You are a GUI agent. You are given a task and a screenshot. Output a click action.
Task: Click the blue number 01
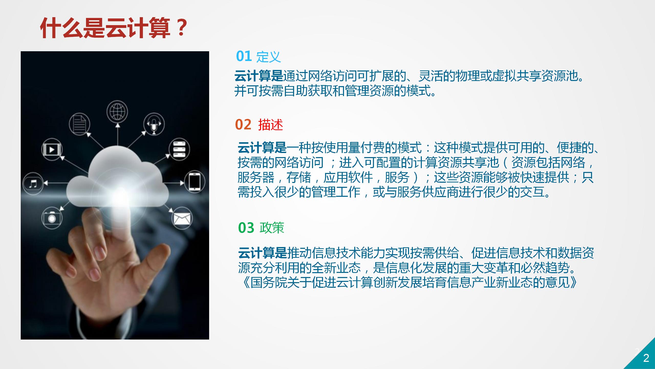click(x=244, y=56)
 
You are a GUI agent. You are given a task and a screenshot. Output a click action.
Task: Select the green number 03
click(x=246, y=228)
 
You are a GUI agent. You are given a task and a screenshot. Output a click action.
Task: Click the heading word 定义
click(x=269, y=57)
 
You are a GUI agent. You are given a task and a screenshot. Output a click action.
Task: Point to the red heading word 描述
click(x=271, y=125)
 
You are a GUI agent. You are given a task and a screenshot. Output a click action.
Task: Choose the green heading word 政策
click(x=272, y=228)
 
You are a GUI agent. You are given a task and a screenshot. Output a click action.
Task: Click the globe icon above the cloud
click(x=117, y=112)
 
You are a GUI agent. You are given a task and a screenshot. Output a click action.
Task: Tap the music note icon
click(x=33, y=183)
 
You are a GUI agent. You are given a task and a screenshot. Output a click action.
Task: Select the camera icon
click(x=52, y=218)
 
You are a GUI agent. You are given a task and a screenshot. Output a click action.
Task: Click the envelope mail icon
click(x=182, y=218)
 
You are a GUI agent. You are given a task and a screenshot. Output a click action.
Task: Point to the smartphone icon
click(x=195, y=181)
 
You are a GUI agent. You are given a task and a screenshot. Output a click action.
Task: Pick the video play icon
click(x=52, y=149)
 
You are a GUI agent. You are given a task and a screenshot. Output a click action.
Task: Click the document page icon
click(x=79, y=124)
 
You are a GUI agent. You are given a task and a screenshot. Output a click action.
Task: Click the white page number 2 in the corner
click(x=646, y=358)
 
